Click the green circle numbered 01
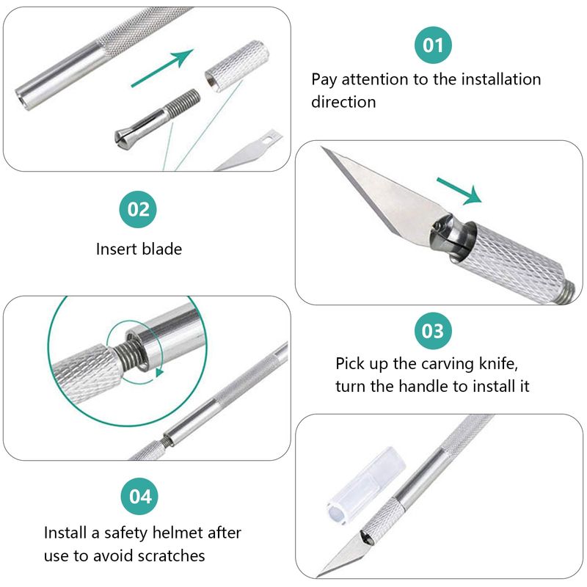(x=433, y=45)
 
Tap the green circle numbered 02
(x=138, y=209)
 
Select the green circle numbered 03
(x=433, y=331)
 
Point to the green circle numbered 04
(x=139, y=497)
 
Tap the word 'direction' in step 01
(x=343, y=102)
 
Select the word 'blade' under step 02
(x=161, y=249)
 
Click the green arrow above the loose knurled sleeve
(x=162, y=68)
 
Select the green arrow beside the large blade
(x=459, y=191)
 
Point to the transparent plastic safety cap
(x=366, y=486)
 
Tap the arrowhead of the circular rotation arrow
(x=160, y=372)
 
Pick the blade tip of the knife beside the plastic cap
(x=317, y=576)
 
